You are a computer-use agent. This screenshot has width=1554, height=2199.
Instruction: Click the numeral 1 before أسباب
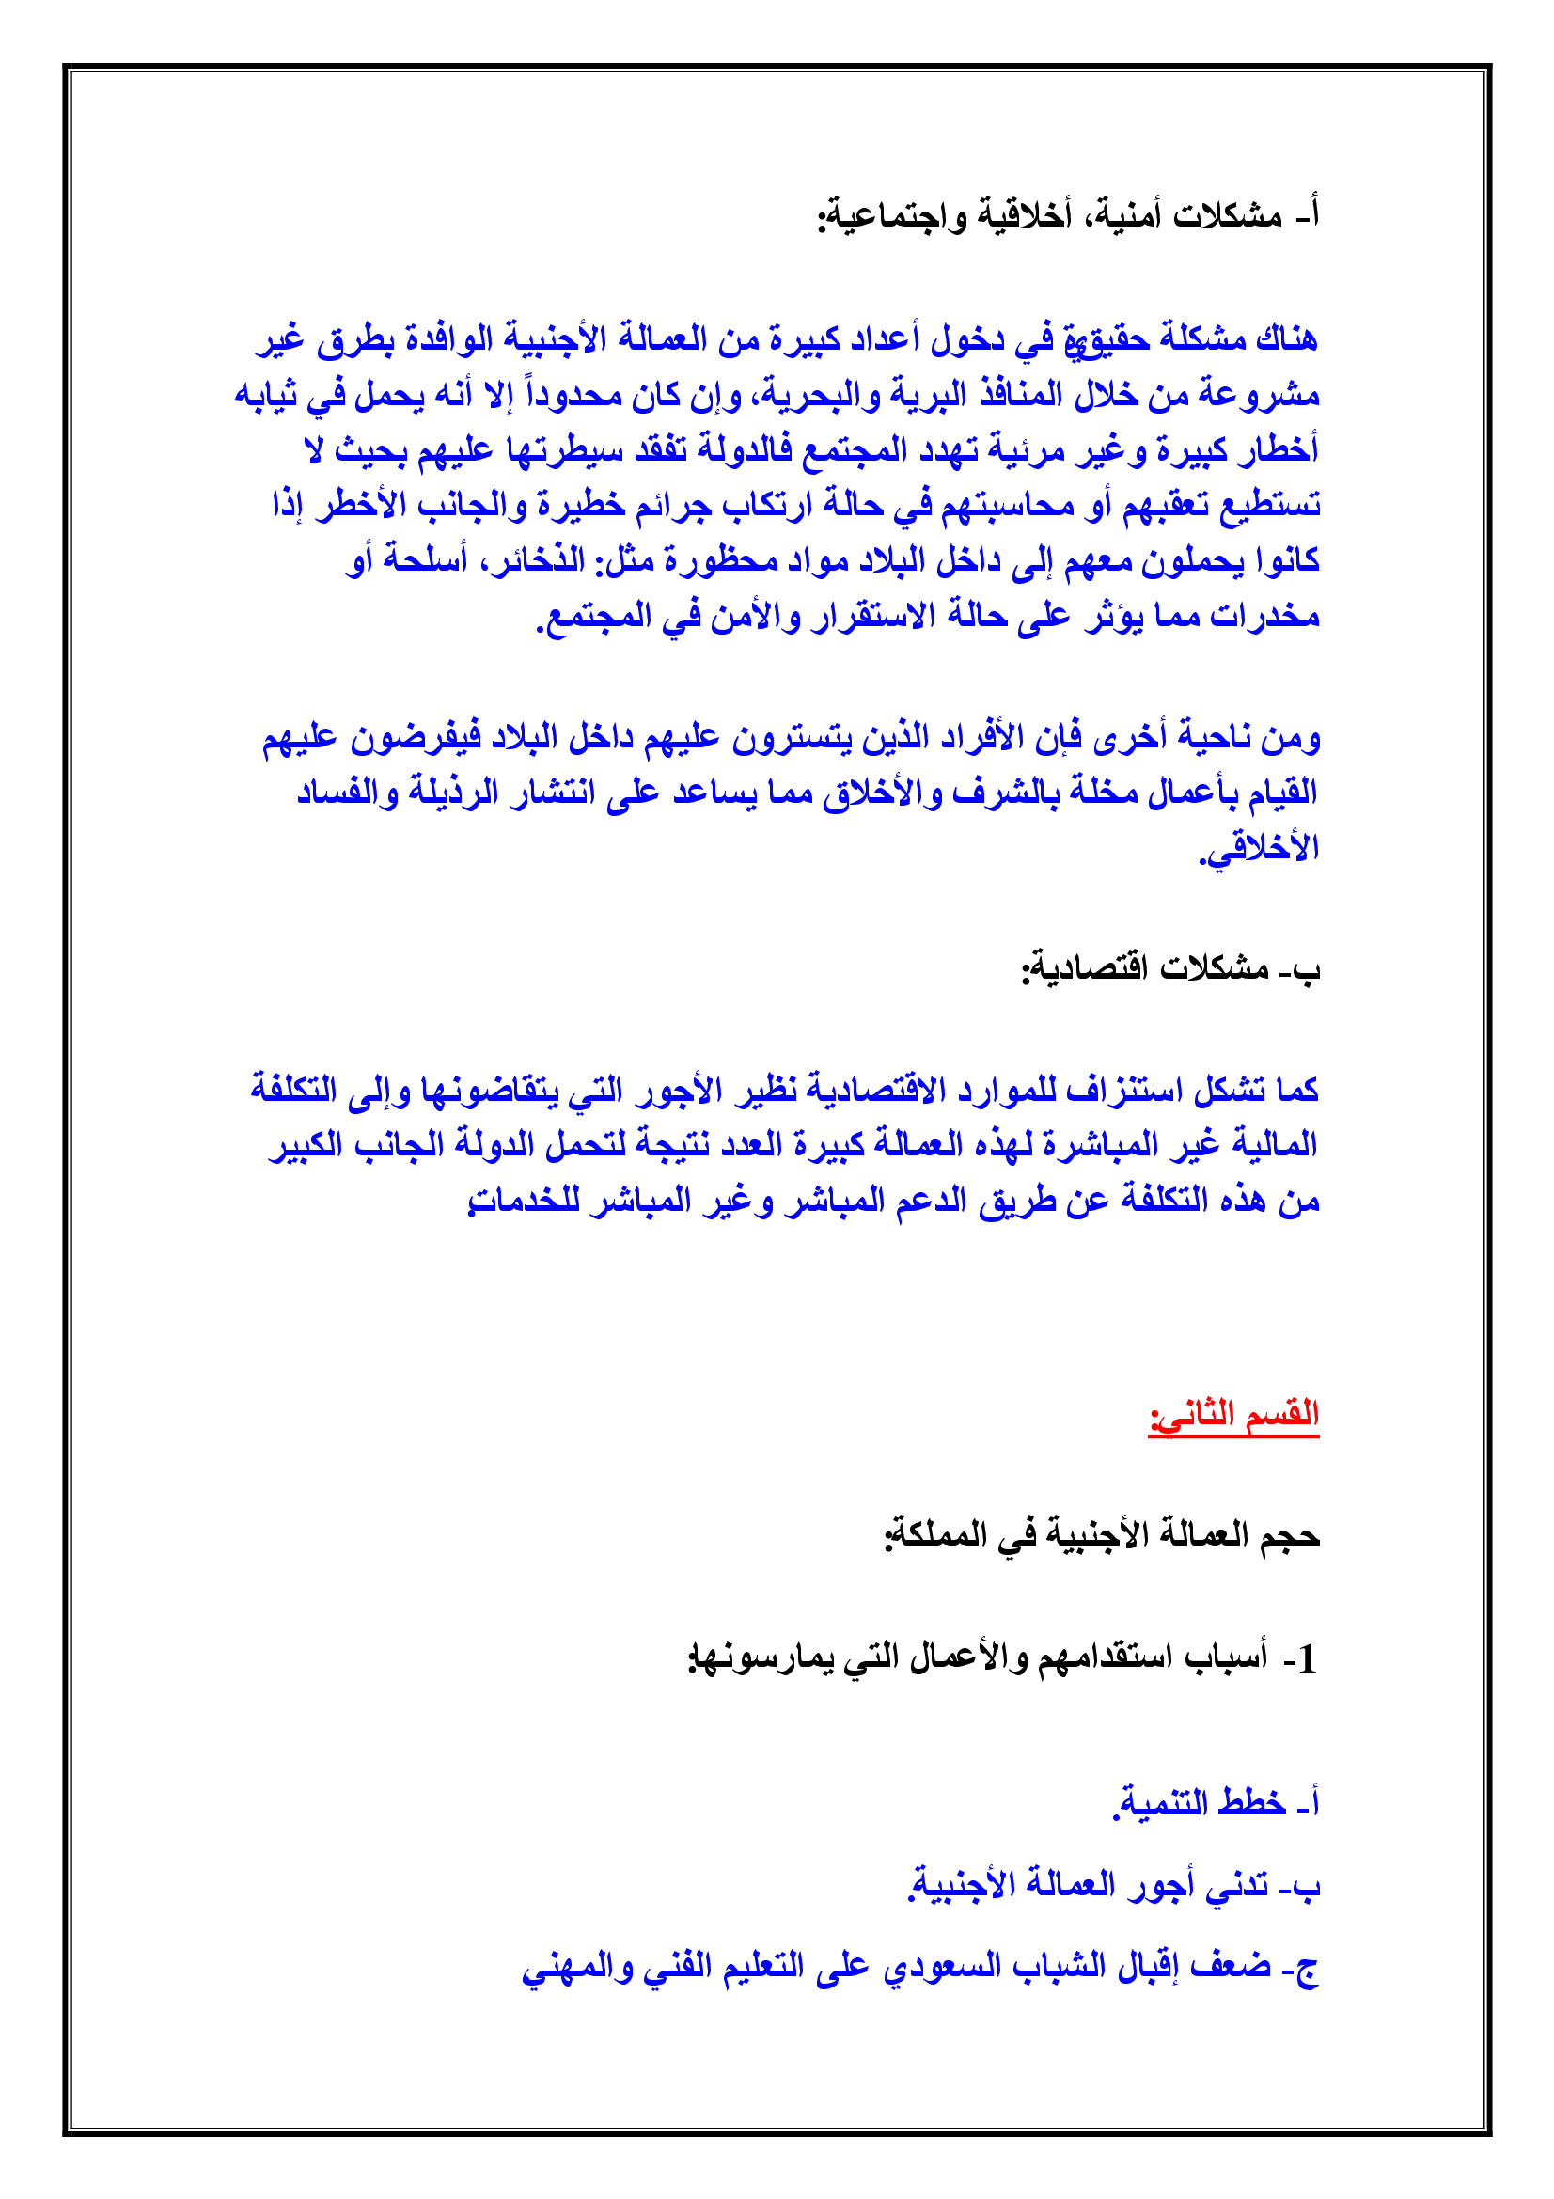1306,1658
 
